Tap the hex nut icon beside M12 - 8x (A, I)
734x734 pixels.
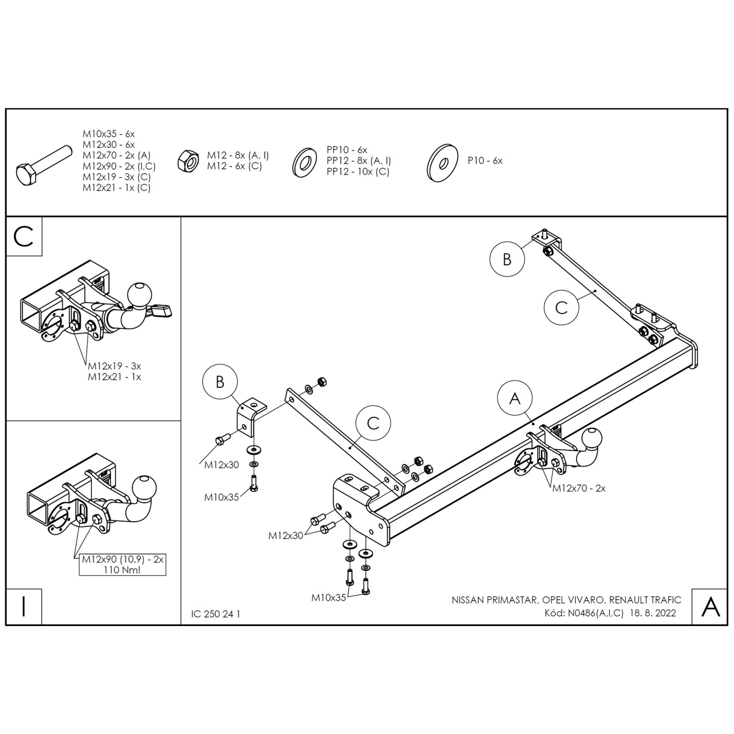click(x=188, y=161)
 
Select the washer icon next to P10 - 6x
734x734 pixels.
click(x=442, y=163)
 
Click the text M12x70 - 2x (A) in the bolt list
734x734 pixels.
click(x=116, y=155)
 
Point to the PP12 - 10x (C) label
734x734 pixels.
click(x=358, y=171)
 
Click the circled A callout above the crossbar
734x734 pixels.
click(x=515, y=398)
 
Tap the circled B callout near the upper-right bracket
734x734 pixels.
click(x=507, y=259)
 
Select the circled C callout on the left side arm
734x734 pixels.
click(x=373, y=423)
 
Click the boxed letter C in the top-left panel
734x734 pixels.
click(x=24, y=236)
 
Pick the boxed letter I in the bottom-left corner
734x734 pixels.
click(x=24, y=607)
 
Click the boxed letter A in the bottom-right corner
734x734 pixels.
click(x=710, y=607)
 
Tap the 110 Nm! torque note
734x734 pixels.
click(x=122, y=570)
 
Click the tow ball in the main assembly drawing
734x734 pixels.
click(x=592, y=438)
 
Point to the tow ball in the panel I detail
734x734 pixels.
click(x=144, y=488)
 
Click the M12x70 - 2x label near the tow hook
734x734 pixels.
click(x=579, y=488)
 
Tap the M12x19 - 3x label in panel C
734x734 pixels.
click(x=114, y=366)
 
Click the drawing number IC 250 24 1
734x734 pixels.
click(x=215, y=614)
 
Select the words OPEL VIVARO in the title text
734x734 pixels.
click(x=573, y=600)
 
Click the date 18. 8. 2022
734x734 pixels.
click(x=653, y=613)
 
